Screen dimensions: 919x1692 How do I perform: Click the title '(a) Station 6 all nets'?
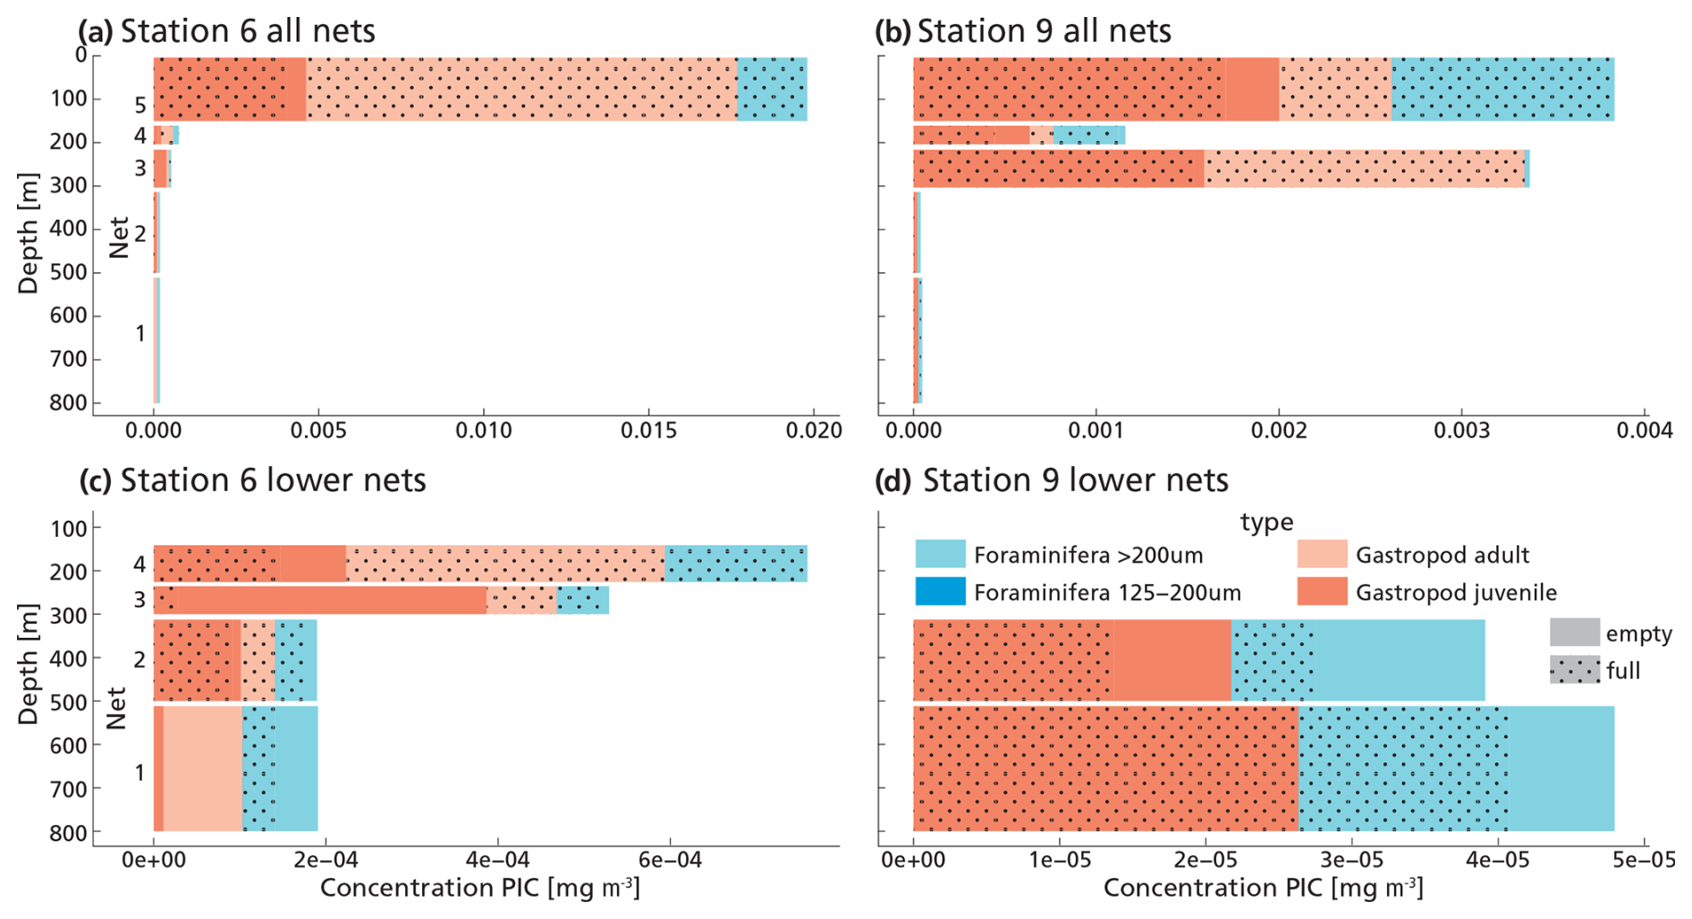pyautogui.click(x=226, y=31)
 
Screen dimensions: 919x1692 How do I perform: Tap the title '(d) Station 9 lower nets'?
pyautogui.click(x=1051, y=481)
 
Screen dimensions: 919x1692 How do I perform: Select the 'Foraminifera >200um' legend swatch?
pyautogui.click(x=940, y=554)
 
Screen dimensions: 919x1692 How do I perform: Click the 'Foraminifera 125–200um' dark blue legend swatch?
pyautogui.click(x=940, y=591)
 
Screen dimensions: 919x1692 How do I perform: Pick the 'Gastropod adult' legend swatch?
pyautogui.click(x=1322, y=554)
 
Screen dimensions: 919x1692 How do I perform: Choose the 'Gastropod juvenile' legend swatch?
pyautogui.click(x=1322, y=591)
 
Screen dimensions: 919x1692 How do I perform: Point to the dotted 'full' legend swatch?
pyautogui.click(x=1574, y=670)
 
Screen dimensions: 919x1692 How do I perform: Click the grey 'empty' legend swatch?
pyautogui.click(x=1574, y=633)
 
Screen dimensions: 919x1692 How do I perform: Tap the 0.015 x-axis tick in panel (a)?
pyautogui.click(x=648, y=430)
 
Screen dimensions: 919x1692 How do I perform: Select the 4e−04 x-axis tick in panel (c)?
pyautogui.click(x=497, y=861)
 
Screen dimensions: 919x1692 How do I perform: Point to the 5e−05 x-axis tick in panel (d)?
pyautogui.click(x=1645, y=861)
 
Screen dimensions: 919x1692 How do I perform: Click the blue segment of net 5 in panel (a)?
pyautogui.click(x=772, y=89)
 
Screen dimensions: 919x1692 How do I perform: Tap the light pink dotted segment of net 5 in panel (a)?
pyautogui.click(x=521, y=89)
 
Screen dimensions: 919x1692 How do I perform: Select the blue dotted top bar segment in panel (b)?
pyautogui.click(x=1502, y=89)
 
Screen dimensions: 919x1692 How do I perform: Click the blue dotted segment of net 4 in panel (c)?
pyautogui.click(x=735, y=564)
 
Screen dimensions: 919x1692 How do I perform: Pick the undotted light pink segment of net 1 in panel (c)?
pyautogui.click(x=203, y=769)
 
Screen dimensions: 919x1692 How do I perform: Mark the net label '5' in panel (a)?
pyautogui.click(x=140, y=106)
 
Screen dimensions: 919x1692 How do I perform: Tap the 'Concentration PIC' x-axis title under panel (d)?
pyautogui.click(x=1263, y=889)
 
